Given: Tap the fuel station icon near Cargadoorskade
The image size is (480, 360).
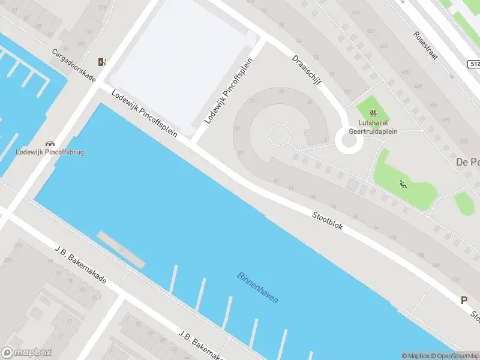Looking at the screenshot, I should [x=103, y=62].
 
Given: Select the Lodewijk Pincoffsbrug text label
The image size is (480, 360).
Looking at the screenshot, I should [x=50, y=152].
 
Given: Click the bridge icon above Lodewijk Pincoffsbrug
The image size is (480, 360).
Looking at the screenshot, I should [x=50, y=143].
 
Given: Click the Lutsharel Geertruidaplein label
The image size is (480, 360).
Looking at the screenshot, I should [x=374, y=127].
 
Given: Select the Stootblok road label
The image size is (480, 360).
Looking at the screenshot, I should [x=327, y=220].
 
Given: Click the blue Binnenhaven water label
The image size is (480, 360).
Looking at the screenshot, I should [x=258, y=288].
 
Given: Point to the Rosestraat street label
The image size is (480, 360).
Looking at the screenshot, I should [x=426, y=45].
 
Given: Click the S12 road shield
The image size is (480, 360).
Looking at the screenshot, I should [x=474, y=64].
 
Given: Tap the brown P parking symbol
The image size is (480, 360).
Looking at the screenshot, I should [x=464, y=301].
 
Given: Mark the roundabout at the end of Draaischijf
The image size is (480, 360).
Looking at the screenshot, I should [x=347, y=142].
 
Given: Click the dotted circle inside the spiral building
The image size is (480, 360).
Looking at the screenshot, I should [x=278, y=134].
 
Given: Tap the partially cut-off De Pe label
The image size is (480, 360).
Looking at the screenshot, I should [x=467, y=162].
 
